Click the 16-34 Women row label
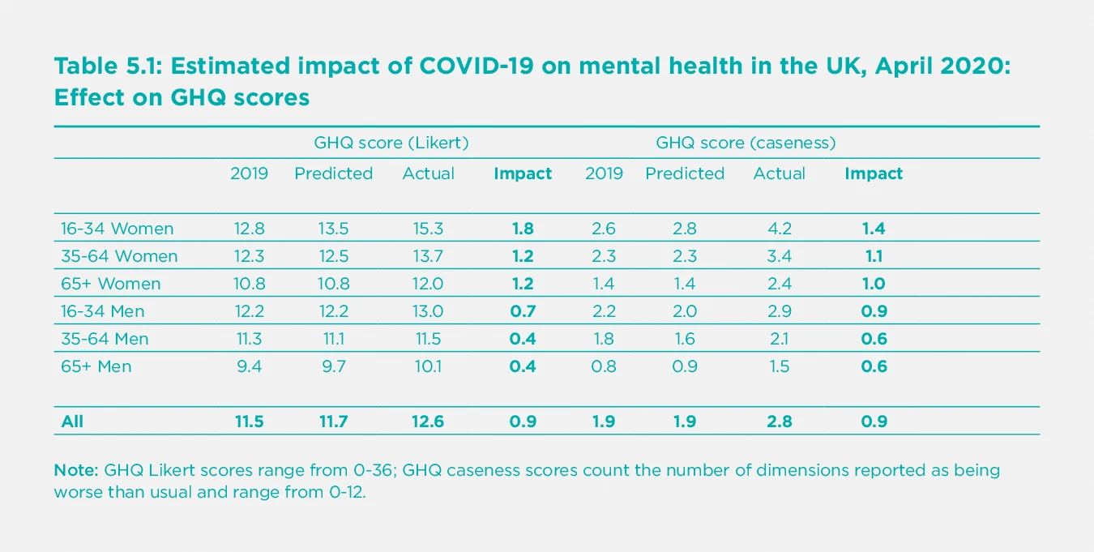[117, 229]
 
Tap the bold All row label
[72, 421]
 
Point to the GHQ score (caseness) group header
[745, 143]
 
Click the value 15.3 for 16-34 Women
[428, 229]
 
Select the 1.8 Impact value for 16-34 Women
[523, 229]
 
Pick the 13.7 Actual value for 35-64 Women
[428, 256]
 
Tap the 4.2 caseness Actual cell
[779, 229]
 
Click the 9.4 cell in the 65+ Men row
[249, 366]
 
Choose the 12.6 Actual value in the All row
[428, 421]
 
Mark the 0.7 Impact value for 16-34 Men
[523, 311]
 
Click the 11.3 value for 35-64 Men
[249, 339]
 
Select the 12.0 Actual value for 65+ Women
[428, 284]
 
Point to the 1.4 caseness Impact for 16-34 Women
[874, 229]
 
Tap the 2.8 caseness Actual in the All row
[779, 421]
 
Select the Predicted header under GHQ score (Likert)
[333, 173]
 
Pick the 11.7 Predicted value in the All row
[333, 421]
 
